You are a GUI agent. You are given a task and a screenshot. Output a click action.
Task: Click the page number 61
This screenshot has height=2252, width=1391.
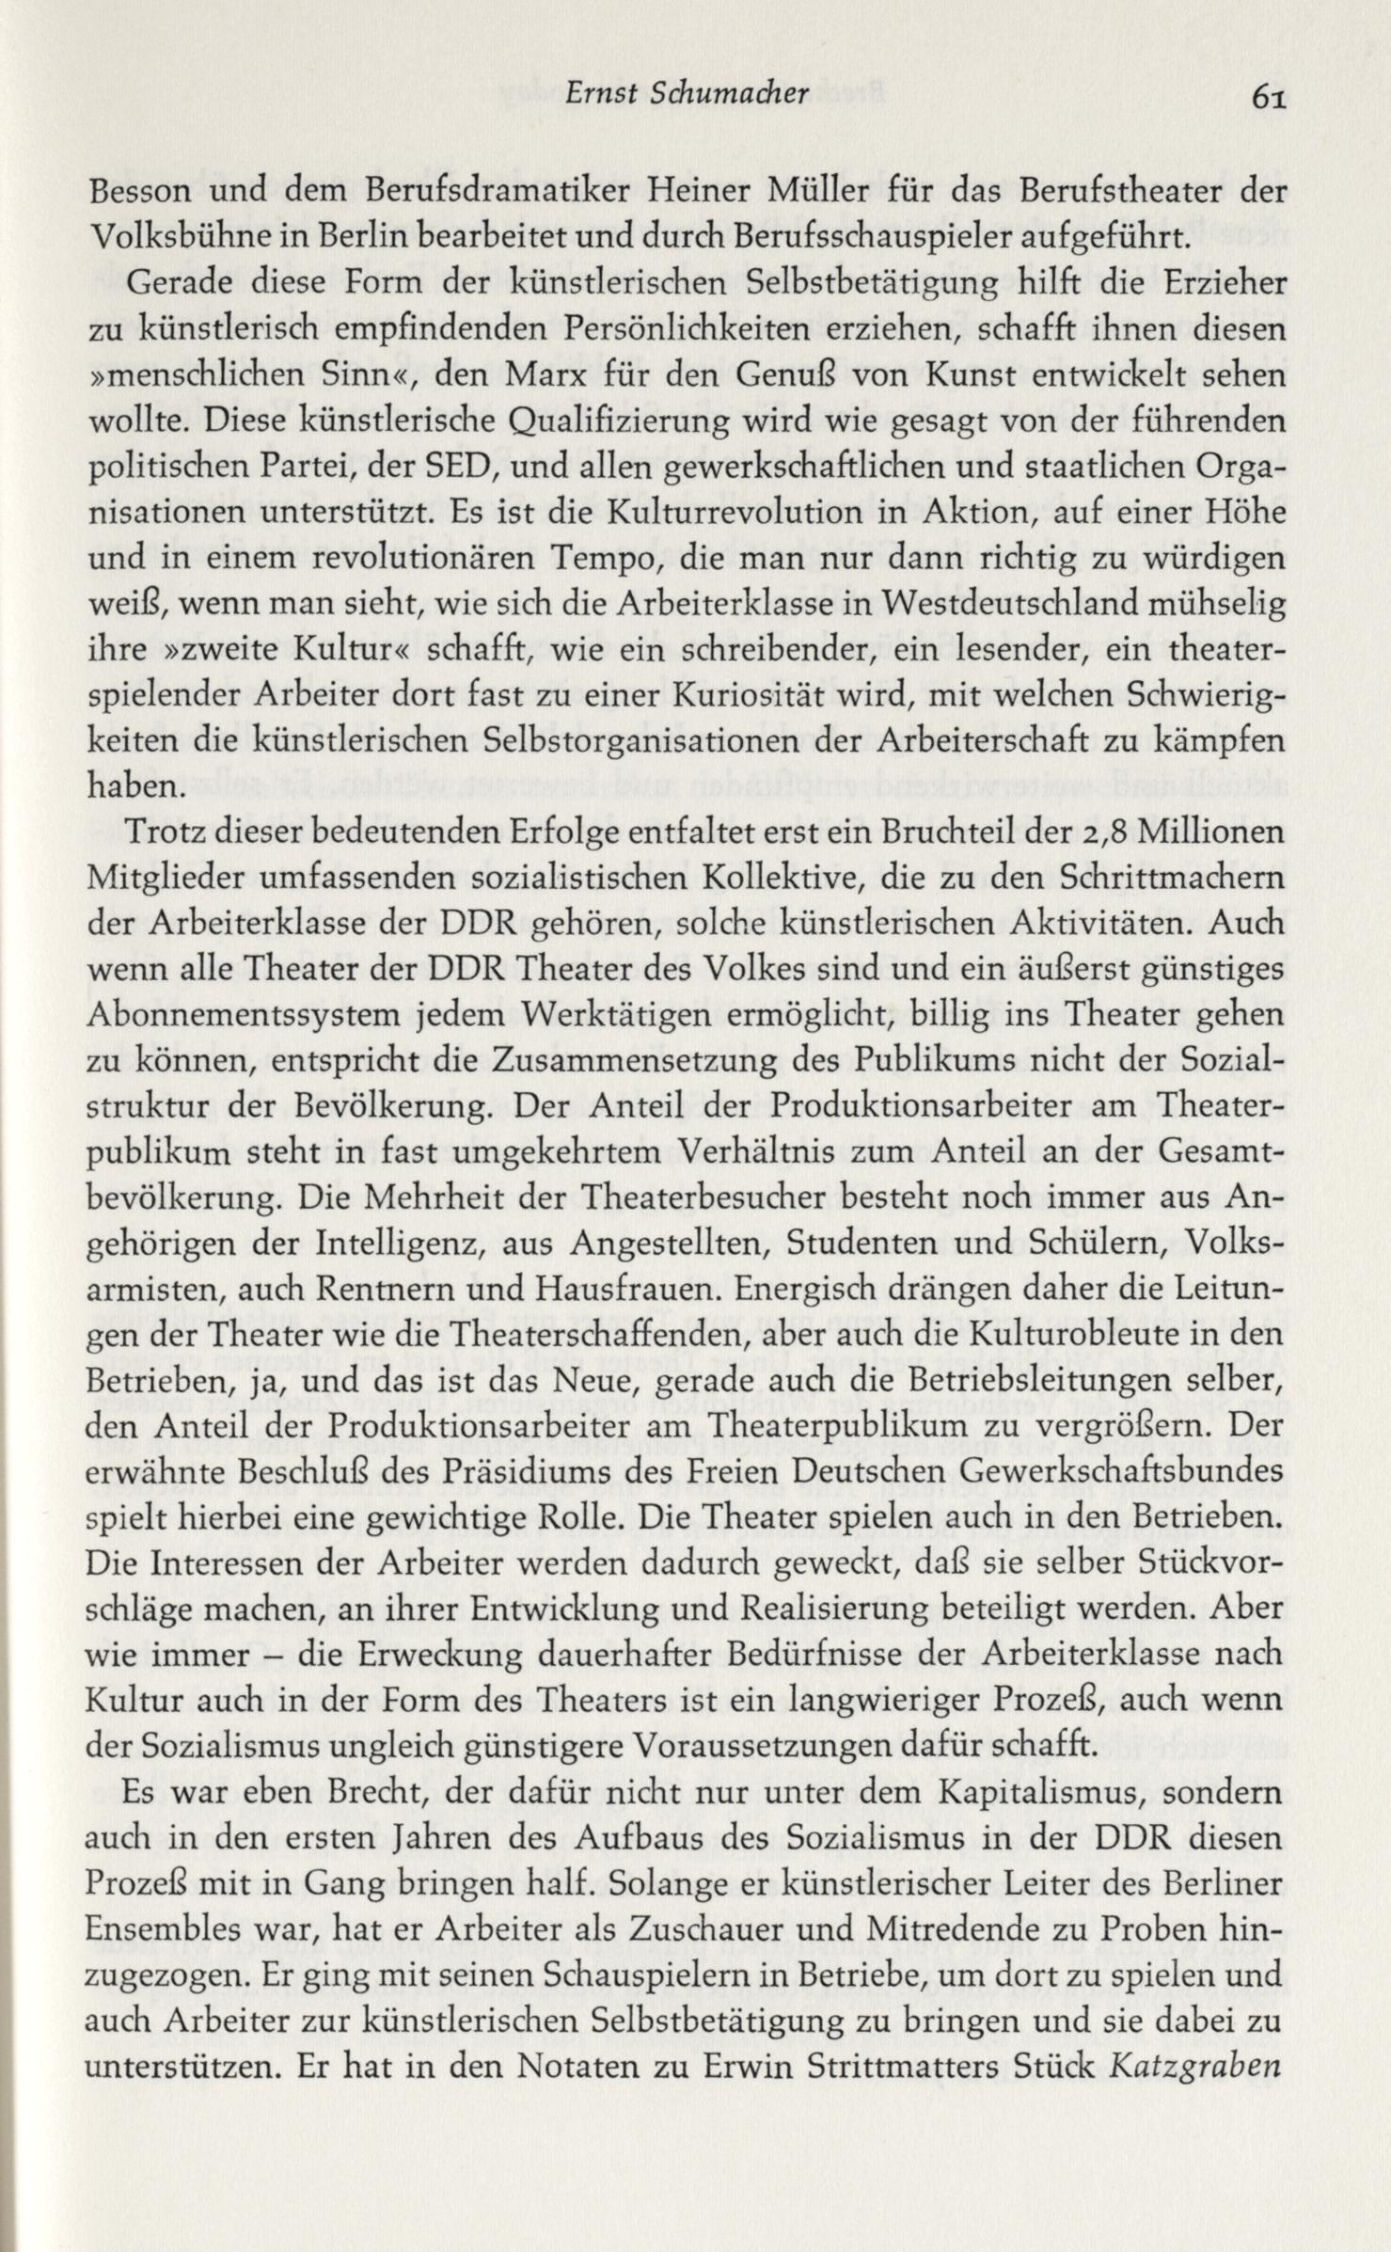pyautogui.click(x=1269, y=97)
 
